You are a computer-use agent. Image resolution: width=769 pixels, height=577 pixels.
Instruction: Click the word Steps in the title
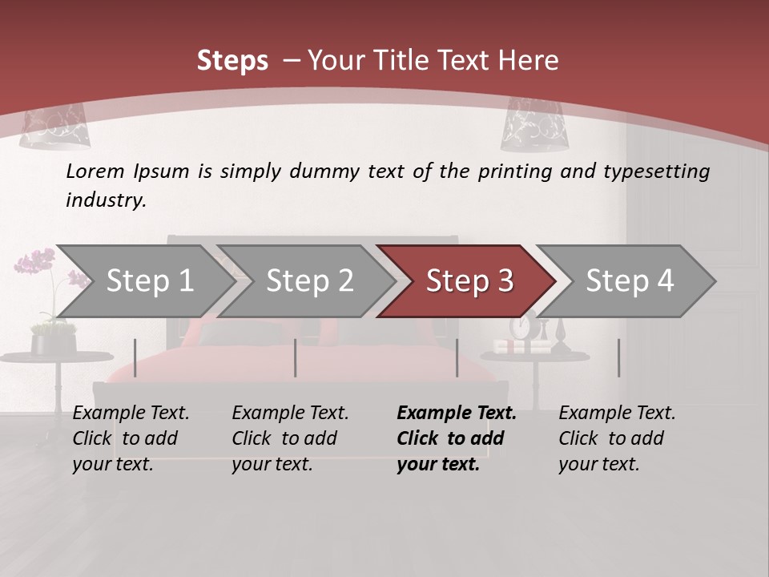pyautogui.click(x=232, y=61)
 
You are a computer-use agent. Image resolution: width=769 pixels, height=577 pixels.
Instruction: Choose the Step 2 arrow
pyautogui.click(x=309, y=281)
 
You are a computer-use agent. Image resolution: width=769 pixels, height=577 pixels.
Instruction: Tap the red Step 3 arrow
pyautogui.click(x=469, y=281)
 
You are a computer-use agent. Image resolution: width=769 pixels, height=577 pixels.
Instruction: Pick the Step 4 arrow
pyautogui.click(x=630, y=281)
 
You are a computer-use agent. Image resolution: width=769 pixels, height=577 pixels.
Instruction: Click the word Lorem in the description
pyautogui.click(x=95, y=171)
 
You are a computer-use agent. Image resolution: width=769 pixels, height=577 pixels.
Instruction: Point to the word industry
pyautogui.click(x=106, y=200)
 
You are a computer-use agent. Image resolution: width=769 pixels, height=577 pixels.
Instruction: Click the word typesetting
pyautogui.click(x=656, y=171)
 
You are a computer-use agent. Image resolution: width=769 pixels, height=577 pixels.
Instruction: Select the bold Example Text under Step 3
pyautogui.click(x=457, y=414)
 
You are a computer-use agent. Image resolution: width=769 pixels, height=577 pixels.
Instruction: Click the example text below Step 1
pyautogui.click(x=131, y=438)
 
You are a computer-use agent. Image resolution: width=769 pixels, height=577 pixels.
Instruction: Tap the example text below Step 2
pyautogui.click(x=290, y=438)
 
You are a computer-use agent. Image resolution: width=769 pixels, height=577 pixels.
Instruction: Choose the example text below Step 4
pyautogui.click(x=617, y=438)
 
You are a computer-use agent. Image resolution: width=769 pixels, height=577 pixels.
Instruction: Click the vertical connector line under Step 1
pyautogui.click(x=135, y=357)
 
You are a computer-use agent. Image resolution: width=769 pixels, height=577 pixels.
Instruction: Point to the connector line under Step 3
pyautogui.click(x=457, y=357)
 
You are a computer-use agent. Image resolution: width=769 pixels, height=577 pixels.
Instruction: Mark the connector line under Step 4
pyautogui.click(x=618, y=357)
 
